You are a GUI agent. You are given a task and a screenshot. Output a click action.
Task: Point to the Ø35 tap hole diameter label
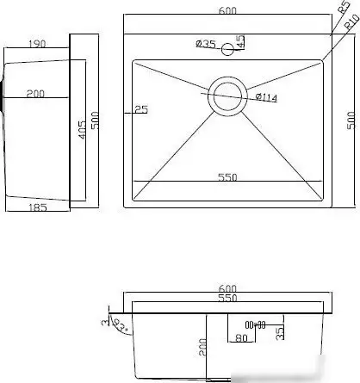point(205,43)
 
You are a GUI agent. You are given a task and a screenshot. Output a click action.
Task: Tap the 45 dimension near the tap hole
point(241,41)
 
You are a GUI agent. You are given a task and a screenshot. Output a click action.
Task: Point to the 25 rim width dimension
point(141,109)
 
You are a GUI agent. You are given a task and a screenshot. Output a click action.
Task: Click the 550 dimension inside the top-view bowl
point(227,177)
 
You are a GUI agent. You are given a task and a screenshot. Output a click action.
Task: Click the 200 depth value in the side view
point(36,95)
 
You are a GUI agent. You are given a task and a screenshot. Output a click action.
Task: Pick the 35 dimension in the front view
point(278,331)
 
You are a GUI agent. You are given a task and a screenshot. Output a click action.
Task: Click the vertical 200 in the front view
point(201,348)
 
